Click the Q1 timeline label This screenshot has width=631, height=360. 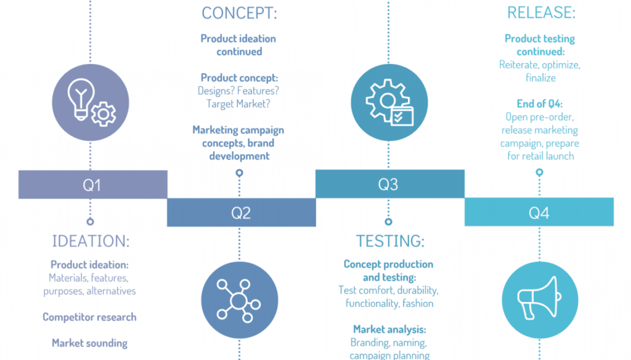point(92,185)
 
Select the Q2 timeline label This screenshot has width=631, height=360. point(241,213)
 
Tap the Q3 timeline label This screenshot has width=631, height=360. point(389,184)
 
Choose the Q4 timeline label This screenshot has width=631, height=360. point(539,213)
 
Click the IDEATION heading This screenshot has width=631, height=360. point(91,241)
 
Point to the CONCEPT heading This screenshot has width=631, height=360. point(239,13)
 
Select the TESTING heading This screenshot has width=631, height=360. point(389,241)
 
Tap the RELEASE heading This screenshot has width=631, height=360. point(541,13)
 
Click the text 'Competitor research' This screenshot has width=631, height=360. point(89,317)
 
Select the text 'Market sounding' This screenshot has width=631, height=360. point(89,343)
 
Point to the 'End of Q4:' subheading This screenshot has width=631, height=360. point(540,104)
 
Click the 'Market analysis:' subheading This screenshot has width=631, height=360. point(389,330)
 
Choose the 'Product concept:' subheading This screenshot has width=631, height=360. point(239,78)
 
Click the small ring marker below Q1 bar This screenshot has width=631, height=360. point(91,221)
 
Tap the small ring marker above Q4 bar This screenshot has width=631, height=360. point(539,173)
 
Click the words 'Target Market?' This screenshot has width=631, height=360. point(239,104)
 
